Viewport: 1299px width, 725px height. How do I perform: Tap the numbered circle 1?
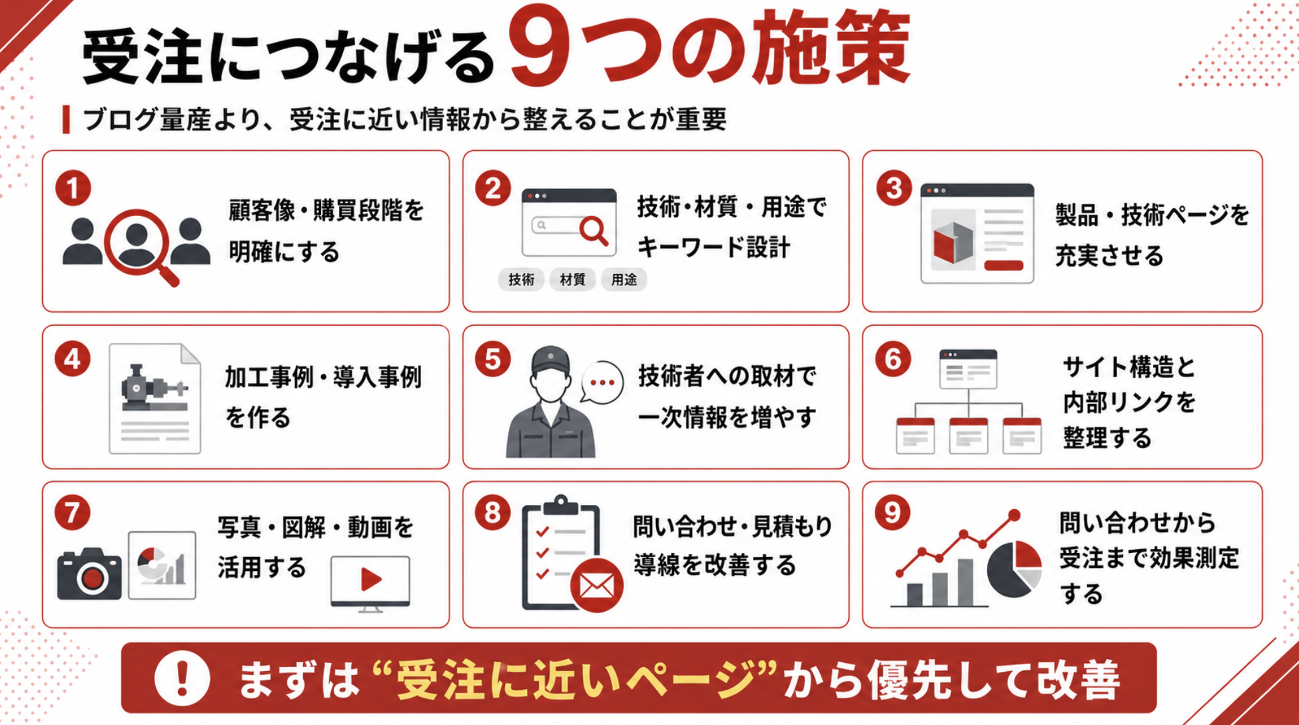coord(73,189)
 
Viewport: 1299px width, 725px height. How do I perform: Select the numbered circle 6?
coord(893,360)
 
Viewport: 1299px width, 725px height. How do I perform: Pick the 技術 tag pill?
coord(521,280)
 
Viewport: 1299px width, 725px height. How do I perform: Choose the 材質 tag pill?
coord(572,280)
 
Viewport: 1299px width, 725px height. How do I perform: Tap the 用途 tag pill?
coord(624,280)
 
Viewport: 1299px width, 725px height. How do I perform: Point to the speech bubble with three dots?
coord(602,382)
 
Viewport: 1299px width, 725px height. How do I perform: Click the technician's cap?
coord(550,361)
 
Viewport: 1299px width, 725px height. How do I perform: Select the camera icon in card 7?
coord(89,574)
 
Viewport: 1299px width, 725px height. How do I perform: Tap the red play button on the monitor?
coord(370,579)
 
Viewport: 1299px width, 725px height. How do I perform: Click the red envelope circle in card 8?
coord(596,586)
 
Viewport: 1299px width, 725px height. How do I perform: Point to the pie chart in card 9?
coord(1014,568)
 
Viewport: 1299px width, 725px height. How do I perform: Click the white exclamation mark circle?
coord(182,678)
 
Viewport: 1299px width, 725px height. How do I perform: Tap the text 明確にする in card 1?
coord(284,252)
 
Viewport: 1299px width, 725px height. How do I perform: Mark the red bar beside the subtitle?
coord(66,119)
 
